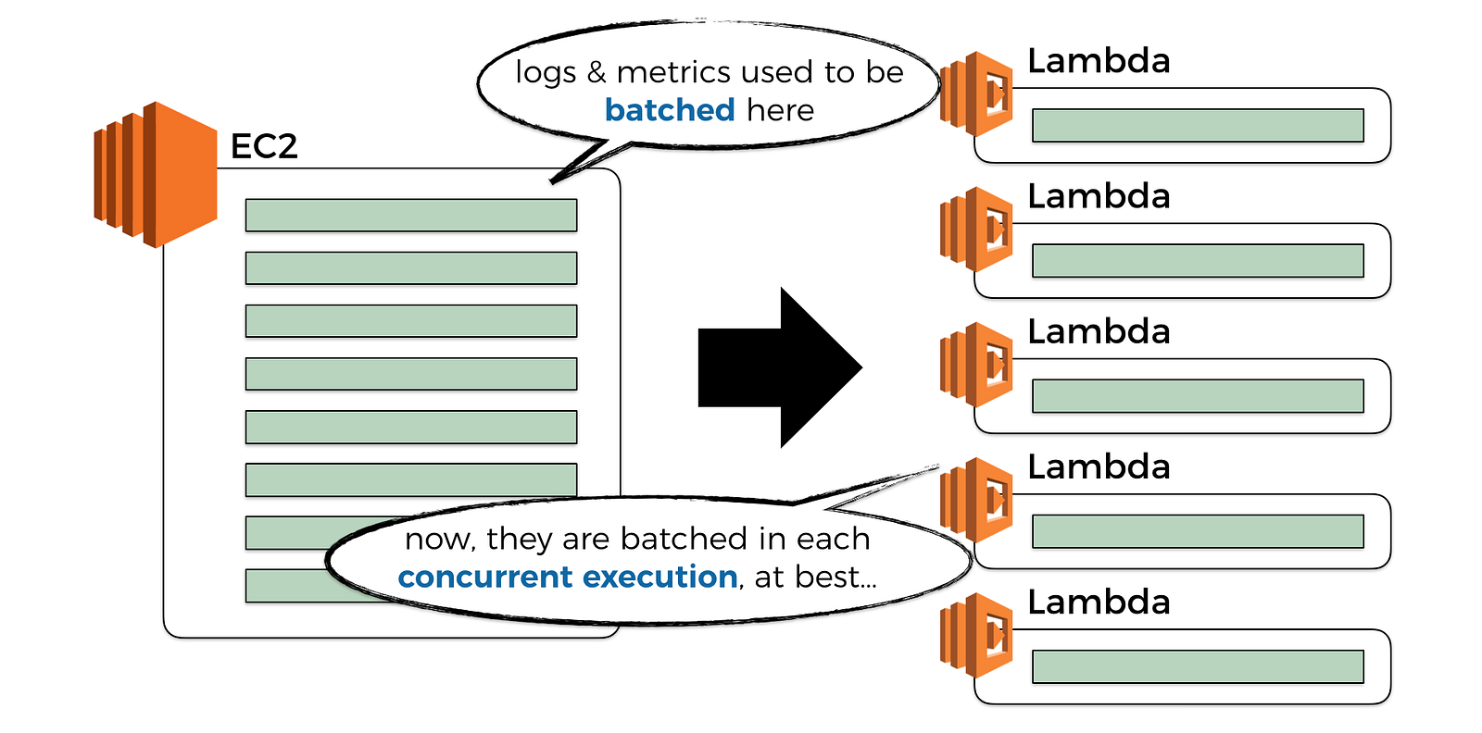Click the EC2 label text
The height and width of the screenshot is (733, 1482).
[264, 146]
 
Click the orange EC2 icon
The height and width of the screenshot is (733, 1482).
[156, 174]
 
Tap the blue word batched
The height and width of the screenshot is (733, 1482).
[670, 110]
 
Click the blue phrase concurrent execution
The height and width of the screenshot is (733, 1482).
[568, 577]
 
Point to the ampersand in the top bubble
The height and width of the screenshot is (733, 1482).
[597, 72]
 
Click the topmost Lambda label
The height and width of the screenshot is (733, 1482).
[1099, 61]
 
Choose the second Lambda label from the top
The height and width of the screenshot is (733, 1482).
[1099, 196]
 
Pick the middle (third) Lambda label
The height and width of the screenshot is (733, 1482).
[1099, 331]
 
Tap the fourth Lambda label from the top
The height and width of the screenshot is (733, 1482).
[1099, 466]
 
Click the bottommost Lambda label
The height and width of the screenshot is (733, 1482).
[1099, 602]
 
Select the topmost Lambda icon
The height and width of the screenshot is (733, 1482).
[977, 93]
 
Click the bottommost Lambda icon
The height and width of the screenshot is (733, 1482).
[977, 635]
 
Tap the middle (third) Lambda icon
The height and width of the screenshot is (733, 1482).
[977, 364]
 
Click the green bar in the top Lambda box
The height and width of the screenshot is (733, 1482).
[1198, 125]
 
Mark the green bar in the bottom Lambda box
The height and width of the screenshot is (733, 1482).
[1198, 666]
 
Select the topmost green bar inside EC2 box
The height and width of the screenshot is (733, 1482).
[411, 215]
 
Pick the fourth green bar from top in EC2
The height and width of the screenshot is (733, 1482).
[411, 374]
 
